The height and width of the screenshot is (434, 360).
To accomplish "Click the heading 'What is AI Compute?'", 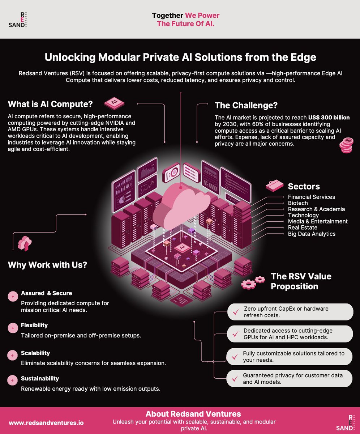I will click(x=50, y=105).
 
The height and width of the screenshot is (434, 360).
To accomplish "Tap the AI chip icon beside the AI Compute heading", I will click(x=114, y=103).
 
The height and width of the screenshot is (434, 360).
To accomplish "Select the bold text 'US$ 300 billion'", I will click(x=329, y=118).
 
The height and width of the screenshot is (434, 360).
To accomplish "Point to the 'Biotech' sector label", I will click(x=298, y=203).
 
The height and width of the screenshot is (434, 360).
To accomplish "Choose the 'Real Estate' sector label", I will click(x=303, y=227).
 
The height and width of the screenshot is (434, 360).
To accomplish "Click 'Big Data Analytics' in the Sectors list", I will click(x=312, y=234).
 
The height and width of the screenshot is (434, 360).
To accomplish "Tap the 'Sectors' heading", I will click(x=304, y=187).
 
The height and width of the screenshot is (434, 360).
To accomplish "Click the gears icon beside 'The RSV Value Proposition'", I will click(x=253, y=282).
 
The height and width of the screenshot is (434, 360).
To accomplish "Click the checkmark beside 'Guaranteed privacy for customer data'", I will click(x=235, y=379).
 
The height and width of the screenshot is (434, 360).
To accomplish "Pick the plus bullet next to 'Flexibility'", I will click(x=13, y=328).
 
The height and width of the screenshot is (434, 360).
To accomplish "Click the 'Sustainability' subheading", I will click(x=40, y=378).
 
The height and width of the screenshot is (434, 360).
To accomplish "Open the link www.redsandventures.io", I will click(x=46, y=422).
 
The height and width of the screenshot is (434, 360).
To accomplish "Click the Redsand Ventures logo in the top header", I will click(x=18, y=20).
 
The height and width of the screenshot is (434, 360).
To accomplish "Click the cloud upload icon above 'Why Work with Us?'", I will click(x=25, y=243).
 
